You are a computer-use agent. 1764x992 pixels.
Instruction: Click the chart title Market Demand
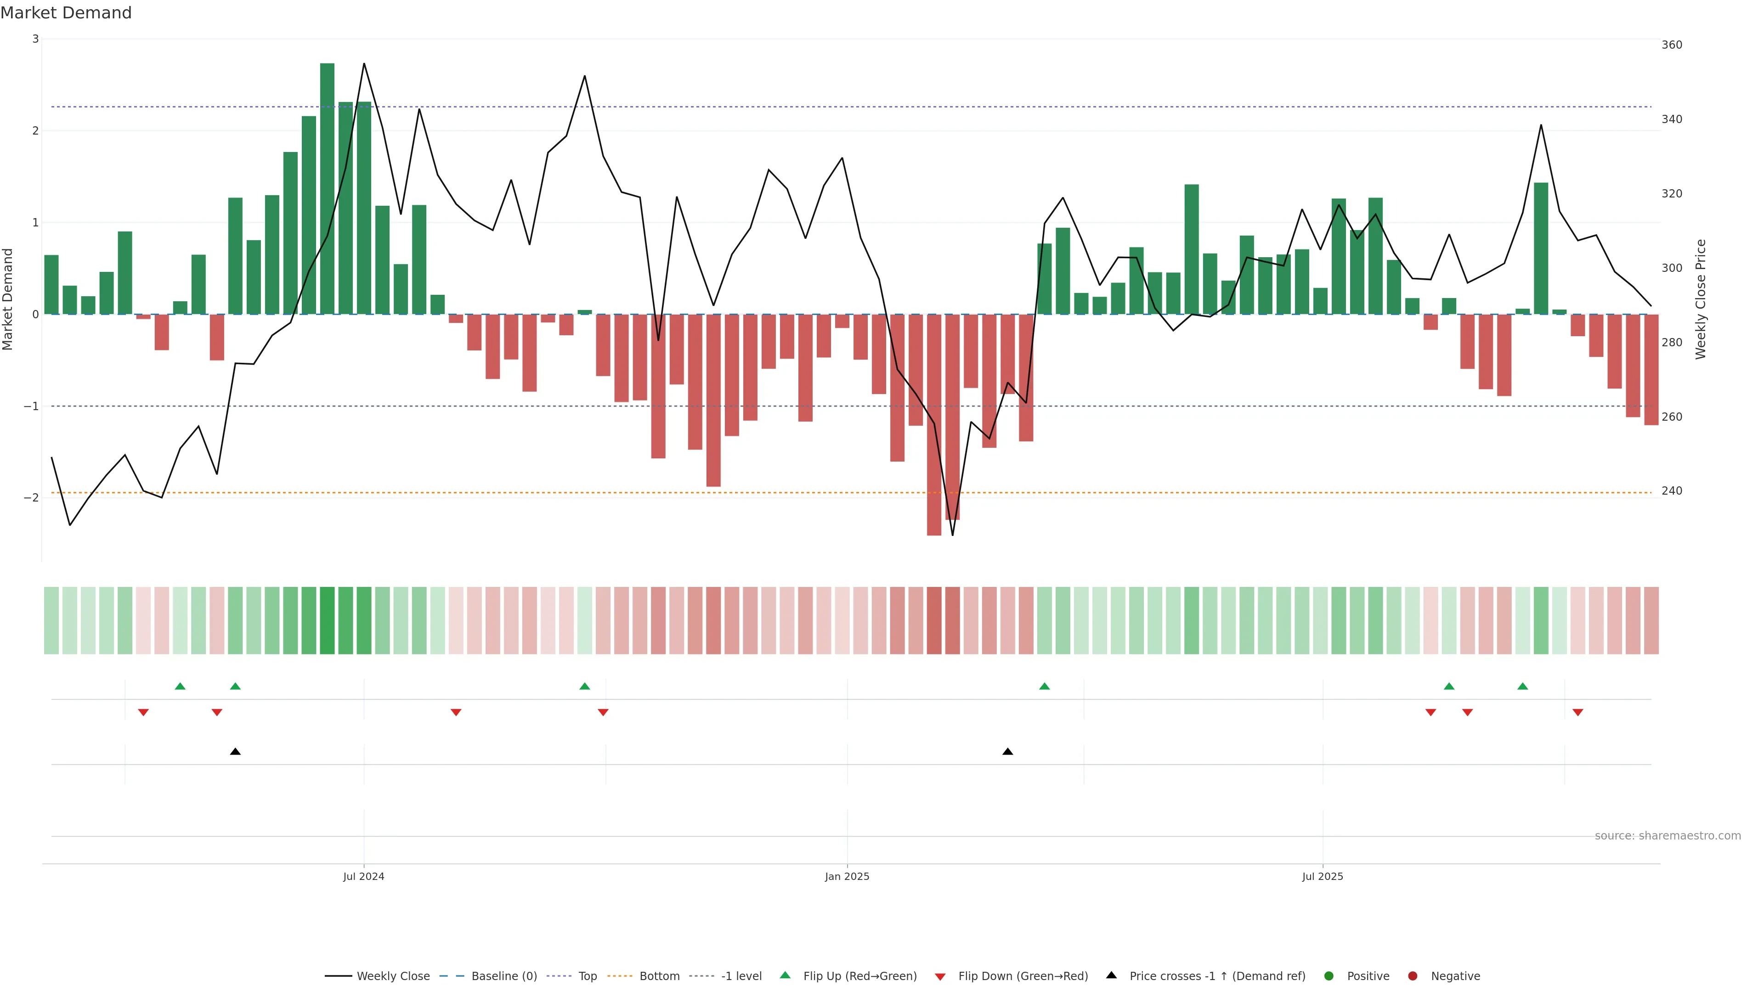[66, 13]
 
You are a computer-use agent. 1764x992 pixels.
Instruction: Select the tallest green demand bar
[328, 188]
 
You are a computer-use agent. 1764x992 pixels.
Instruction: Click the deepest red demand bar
[934, 424]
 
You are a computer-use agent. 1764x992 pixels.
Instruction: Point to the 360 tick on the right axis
[1672, 45]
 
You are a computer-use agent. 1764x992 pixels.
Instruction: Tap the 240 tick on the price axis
[1672, 491]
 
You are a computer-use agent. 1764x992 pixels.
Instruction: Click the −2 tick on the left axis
[32, 498]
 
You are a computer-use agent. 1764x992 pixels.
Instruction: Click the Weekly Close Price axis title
[1701, 299]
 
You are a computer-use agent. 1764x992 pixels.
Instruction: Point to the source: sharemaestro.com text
[1668, 836]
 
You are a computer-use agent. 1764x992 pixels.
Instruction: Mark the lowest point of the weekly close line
[953, 535]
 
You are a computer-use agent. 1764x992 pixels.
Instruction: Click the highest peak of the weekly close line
[364, 64]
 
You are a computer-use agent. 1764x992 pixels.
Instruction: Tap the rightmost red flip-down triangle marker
[1578, 713]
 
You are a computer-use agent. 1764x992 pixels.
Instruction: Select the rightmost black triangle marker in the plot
[1007, 752]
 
